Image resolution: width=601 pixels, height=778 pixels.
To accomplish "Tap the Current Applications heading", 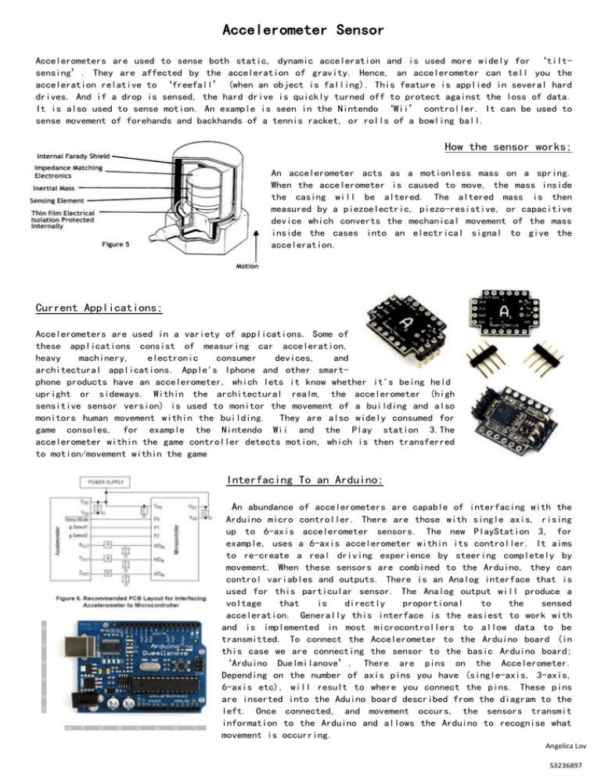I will [99, 308].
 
